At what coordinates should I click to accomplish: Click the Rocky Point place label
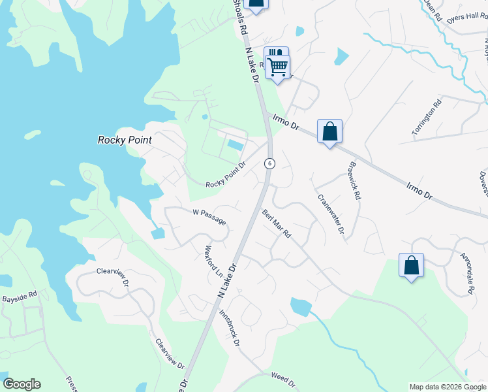(125, 140)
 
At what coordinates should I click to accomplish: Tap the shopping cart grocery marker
(278, 66)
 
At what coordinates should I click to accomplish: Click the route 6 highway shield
(269, 163)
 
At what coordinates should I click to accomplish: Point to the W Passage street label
(209, 217)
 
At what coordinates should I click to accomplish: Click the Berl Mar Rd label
(276, 223)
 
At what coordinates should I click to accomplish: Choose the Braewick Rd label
(355, 182)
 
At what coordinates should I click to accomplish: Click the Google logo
(22, 384)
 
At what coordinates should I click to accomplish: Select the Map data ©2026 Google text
(447, 387)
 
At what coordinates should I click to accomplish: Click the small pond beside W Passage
(158, 233)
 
